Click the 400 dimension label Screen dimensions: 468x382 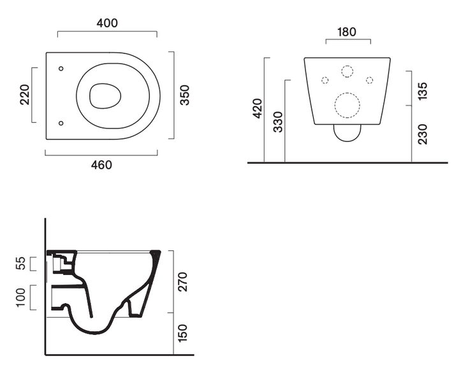[x=107, y=23]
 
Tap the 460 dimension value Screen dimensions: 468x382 [x=102, y=165]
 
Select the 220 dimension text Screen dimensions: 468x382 [x=25, y=95]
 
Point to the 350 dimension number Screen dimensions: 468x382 [x=185, y=95]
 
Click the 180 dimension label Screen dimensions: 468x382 [x=347, y=32]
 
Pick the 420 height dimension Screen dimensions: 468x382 [x=258, y=108]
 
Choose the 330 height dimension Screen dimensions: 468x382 [x=278, y=122]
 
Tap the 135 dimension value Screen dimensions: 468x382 [x=423, y=91]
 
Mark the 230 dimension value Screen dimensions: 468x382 [x=423, y=135]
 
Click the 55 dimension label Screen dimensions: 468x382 [x=21, y=264]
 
